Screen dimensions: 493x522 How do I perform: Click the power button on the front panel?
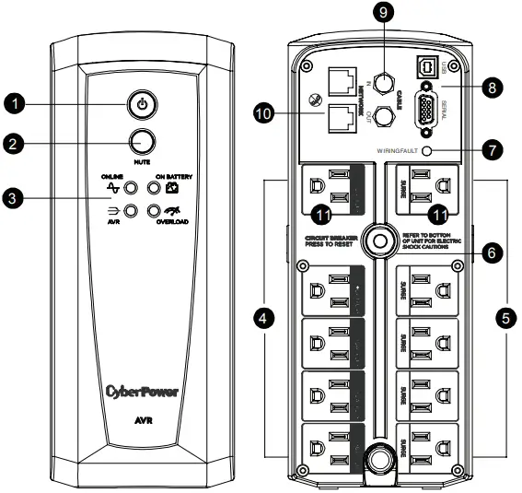[140, 104]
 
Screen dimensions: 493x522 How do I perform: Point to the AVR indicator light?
[132, 211]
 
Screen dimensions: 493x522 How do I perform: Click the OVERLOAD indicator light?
[153, 211]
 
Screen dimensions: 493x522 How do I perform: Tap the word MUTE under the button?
[140, 160]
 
